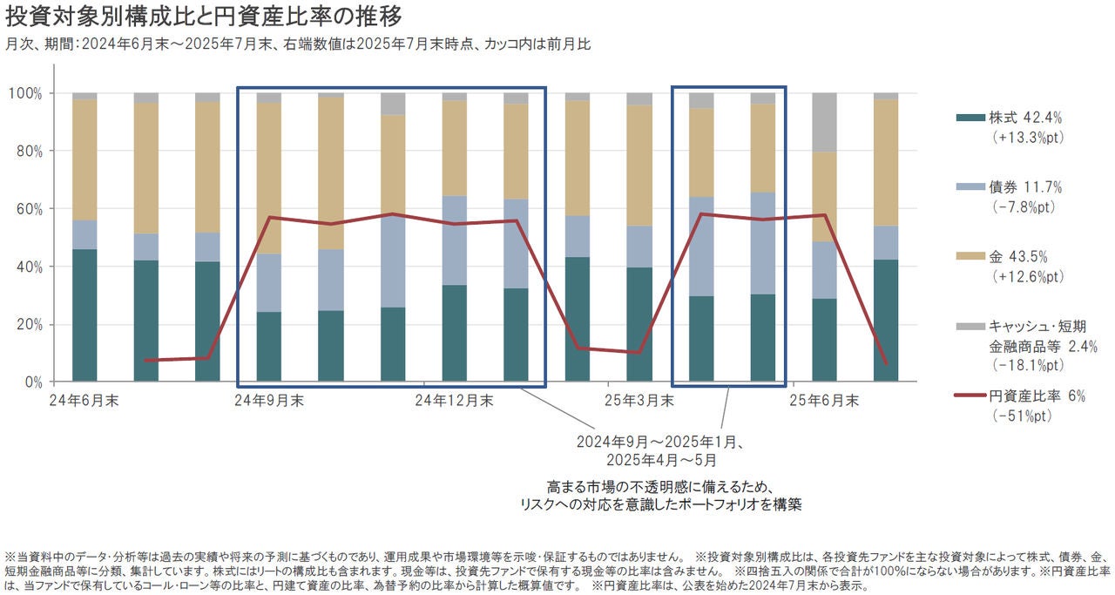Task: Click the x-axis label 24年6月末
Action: click(86, 401)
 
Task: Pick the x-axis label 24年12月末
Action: click(454, 401)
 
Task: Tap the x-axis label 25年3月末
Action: click(639, 401)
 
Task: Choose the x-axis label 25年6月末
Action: click(823, 401)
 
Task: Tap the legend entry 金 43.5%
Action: click(1019, 258)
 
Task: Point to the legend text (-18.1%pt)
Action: click(1024, 365)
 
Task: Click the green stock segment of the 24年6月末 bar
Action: click(84, 315)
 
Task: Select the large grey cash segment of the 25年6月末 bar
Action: click(824, 123)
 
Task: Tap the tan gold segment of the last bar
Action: click(886, 162)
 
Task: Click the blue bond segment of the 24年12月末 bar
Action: click(454, 240)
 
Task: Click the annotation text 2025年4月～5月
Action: click(663, 460)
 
